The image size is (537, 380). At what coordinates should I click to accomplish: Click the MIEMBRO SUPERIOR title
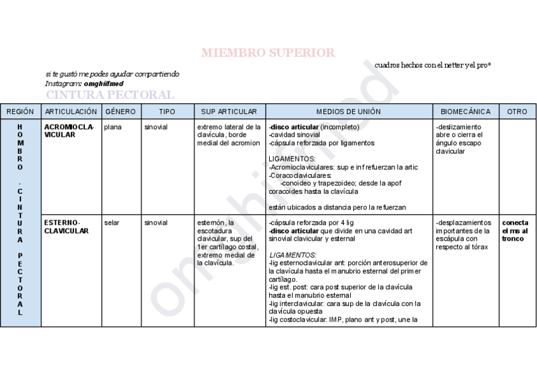tap(268, 53)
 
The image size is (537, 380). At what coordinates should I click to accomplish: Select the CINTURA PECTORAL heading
tap(110, 95)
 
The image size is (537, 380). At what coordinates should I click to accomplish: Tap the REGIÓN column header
tap(20, 111)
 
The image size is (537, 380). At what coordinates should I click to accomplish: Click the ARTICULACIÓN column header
tap(71, 111)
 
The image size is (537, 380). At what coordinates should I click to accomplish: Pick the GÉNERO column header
tap(120, 111)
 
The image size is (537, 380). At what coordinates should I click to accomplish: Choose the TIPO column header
tap(167, 111)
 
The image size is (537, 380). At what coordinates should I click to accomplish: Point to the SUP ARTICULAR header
tap(229, 111)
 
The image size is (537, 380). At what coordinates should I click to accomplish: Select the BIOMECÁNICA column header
tap(465, 111)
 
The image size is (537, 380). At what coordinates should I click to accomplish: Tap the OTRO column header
tap(517, 111)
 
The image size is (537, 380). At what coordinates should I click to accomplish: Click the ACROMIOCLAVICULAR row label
tap(69, 130)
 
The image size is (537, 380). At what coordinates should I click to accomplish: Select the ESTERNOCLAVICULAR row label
tap(66, 227)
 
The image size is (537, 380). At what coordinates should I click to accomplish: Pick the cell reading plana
tap(113, 127)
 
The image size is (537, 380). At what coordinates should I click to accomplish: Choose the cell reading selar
tap(111, 223)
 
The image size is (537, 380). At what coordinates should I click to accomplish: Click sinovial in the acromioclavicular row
tap(156, 127)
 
